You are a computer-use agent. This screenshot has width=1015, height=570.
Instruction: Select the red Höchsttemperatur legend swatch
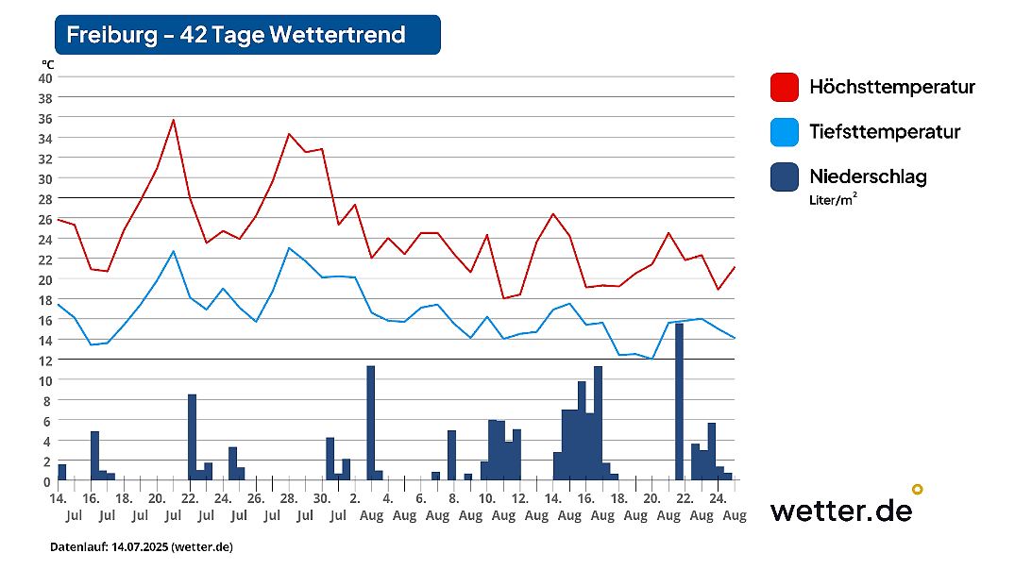pyautogui.click(x=785, y=88)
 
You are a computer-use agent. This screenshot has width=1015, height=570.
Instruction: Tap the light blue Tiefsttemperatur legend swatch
pyautogui.click(x=785, y=132)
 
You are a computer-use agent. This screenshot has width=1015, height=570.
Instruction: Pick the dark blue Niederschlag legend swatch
pyautogui.click(x=785, y=176)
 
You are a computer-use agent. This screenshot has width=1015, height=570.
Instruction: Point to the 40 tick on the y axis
pyautogui.click(x=44, y=77)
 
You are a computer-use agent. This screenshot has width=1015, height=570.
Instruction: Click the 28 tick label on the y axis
pyautogui.click(x=44, y=198)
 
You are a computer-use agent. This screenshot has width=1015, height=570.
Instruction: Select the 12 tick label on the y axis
pyautogui.click(x=44, y=360)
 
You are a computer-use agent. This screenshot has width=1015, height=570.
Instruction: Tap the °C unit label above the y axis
pyautogui.click(x=47, y=63)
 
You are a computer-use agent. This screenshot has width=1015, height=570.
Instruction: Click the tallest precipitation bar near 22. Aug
pyautogui.click(x=679, y=401)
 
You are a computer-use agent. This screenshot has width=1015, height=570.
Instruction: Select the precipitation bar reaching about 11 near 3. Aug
pyautogui.click(x=371, y=423)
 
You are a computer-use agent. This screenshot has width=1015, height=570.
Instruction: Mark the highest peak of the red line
pyautogui.click(x=174, y=120)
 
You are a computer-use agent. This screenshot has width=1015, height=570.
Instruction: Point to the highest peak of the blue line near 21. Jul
pyautogui.click(x=174, y=251)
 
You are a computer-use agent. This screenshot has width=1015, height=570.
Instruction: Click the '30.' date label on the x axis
pyautogui.click(x=322, y=498)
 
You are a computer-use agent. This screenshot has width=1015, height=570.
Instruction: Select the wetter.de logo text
pyautogui.click(x=840, y=511)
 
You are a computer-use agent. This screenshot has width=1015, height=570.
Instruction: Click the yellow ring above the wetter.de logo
pyautogui.click(x=916, y=489)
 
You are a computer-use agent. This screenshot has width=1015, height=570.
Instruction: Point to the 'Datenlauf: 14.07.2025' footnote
pyautogui.click(x=142, y=547)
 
